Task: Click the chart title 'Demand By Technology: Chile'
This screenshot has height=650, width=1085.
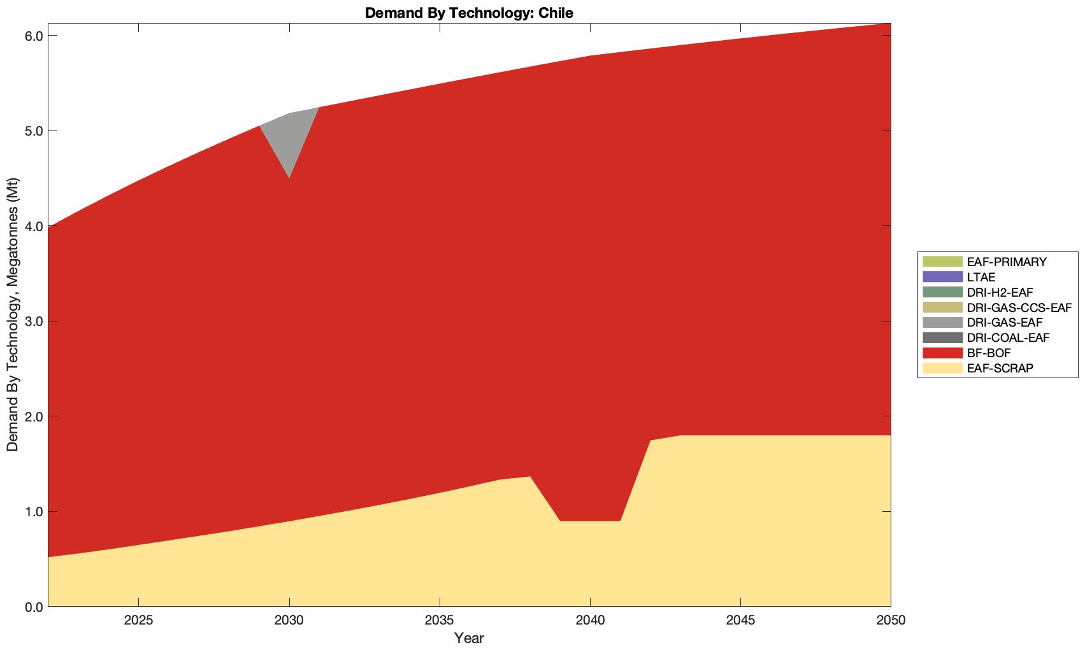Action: coord(469,13)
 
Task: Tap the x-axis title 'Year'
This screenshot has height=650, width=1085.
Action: coord(469,638)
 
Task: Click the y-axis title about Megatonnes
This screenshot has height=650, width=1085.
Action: coord(13,315)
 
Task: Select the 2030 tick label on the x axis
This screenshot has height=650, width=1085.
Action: coord(289,620)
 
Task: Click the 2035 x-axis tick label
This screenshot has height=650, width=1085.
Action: coord(440,620)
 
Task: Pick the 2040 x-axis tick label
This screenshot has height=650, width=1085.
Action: coord(590,620)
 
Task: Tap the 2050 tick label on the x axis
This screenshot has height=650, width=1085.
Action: coord(891,620)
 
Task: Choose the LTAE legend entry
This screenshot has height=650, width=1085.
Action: coord(981,277)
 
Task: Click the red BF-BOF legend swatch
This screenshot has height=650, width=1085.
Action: coord(942,353)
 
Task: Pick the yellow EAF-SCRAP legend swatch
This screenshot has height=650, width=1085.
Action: coord(942,368)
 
